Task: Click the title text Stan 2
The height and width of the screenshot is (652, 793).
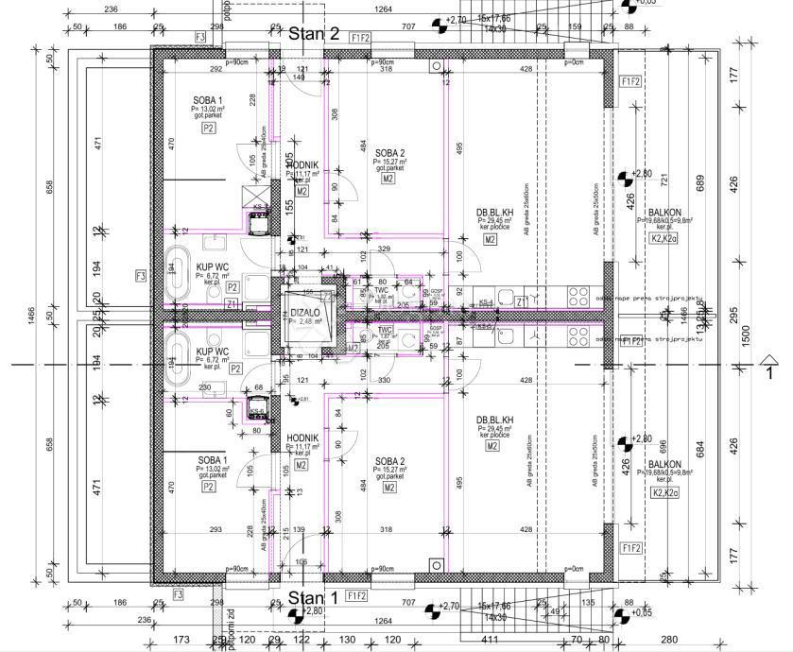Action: point(314,34)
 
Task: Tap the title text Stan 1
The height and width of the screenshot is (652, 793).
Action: point(313,597)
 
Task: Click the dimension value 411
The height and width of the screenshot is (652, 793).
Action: point(490,641)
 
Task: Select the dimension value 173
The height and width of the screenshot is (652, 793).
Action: point(183,641)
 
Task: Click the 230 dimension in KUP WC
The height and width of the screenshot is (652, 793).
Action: point(205,387)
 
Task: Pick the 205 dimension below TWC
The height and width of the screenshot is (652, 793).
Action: point(383,346)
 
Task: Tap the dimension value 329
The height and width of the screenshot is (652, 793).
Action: point(385,249)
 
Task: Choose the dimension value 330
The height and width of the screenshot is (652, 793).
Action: point(385,381)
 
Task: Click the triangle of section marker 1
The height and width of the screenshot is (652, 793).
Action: point(769,358)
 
